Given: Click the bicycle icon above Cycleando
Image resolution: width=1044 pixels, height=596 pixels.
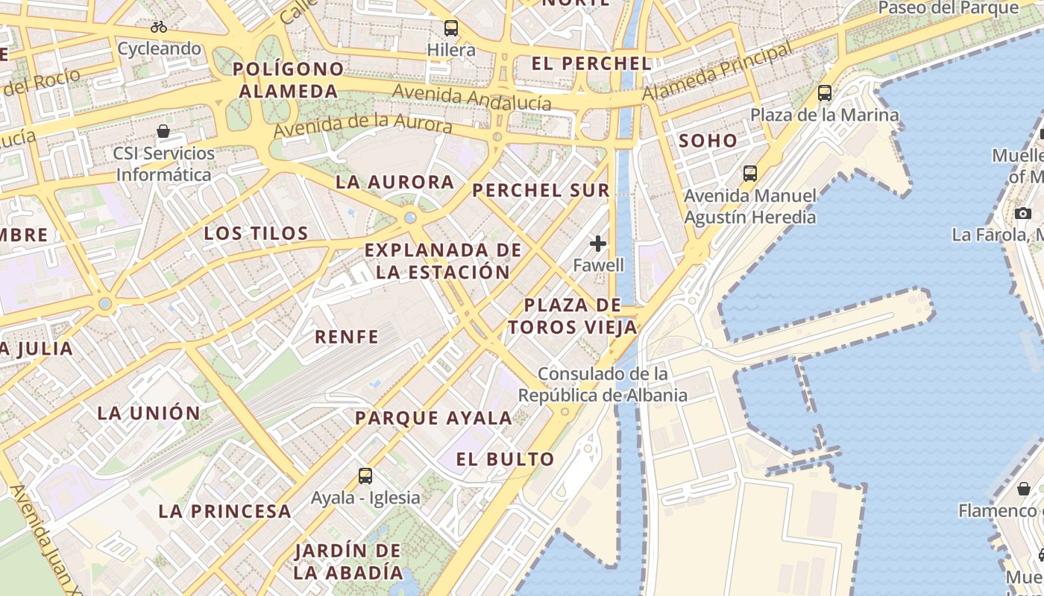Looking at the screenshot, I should coord(159,27).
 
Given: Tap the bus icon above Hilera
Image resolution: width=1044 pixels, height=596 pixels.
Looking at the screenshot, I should coord(451,28).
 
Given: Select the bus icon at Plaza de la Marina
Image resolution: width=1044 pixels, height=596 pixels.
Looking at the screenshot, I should coord(825,93).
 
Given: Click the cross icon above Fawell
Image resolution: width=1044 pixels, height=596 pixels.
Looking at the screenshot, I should coord(598,244).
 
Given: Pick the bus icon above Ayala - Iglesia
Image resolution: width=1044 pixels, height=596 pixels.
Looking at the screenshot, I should coord(365,476).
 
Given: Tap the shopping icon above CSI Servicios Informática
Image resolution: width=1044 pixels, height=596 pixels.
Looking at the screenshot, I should coord(163,132).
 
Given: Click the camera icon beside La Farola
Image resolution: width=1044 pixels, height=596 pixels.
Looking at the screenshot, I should coord(1023,213).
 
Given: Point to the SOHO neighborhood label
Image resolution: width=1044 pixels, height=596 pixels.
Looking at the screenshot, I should coord(708,141).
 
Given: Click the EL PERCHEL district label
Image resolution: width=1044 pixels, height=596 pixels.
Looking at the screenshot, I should coord(591,63).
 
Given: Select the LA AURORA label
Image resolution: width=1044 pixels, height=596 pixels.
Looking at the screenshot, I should coord(394,182).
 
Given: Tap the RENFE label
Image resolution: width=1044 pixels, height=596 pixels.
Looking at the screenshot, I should coord(347,337).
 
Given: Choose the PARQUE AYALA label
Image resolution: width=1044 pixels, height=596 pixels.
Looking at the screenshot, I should coord(433,418).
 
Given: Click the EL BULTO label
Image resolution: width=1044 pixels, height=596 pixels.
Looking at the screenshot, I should coord(505,459).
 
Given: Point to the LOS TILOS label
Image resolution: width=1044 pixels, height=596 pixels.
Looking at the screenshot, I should coord(257,233).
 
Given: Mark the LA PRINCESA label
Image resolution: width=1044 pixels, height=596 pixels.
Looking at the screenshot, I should coord(224,511).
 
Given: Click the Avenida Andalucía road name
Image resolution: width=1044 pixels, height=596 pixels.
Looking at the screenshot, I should coord(471,98).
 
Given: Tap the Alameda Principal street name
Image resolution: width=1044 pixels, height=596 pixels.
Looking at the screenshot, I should coord(717,72).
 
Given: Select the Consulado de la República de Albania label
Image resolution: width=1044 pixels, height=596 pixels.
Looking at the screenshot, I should coord(603,384).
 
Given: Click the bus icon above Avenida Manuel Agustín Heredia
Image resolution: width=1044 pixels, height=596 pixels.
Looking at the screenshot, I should coord(750,174).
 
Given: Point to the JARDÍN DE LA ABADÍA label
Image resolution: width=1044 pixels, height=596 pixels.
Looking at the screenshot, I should coord(348,562).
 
